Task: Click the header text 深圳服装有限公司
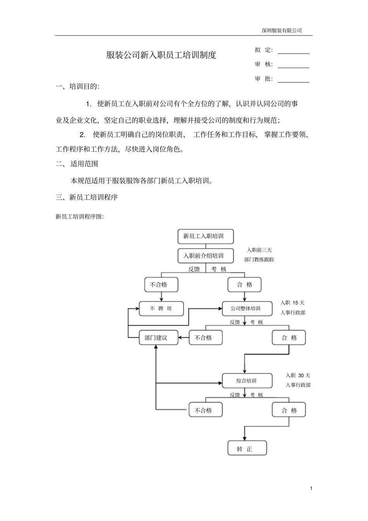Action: pyautogui.click(x=282, y=31)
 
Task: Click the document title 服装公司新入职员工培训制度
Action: pyautogui.click(x=161, y=55)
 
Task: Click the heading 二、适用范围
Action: pyautogui.click(x=77, y=164)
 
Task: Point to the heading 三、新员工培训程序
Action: pyautogui.click(x=87, y=198)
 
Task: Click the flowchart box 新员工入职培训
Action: pyautogui.click(x=206, y=236)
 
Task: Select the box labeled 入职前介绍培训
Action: pyautogui.click(x=206, y=256)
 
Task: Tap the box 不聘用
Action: pyautogui.click(x=161, y=309)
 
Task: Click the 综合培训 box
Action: pyautogui.click(x=247, y=381)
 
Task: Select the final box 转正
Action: pyautogui.click(x=247, y=449)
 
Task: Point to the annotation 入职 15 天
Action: pyautogui.click(x=292, y=303)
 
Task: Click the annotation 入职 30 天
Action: pyautogui.click(x=298, y=375)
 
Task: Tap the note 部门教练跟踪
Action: pyautogui.click(x=259, y=260)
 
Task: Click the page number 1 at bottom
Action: pyautogui.click(x=311, y=488)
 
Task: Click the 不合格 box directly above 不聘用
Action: pyautogui.click(x=161, y=285)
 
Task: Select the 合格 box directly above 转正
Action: pyautogui.click(x=289, y=410)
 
